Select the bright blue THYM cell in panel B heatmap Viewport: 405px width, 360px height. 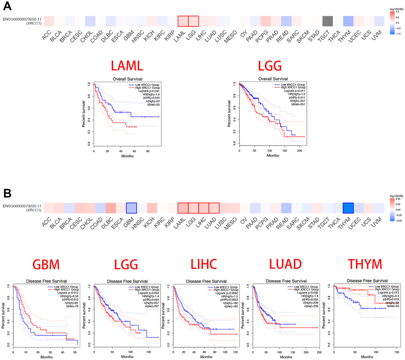[x=348, y=208]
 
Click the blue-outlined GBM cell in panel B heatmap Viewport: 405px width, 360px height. [x=131, y=208]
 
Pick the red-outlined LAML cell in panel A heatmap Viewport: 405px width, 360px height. [x=183, y=21]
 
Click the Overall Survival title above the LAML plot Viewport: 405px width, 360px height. [x=127, y=79]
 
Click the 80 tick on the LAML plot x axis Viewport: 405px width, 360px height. [x=148, y=151]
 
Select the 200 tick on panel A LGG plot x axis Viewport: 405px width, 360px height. [x=300, y=151]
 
